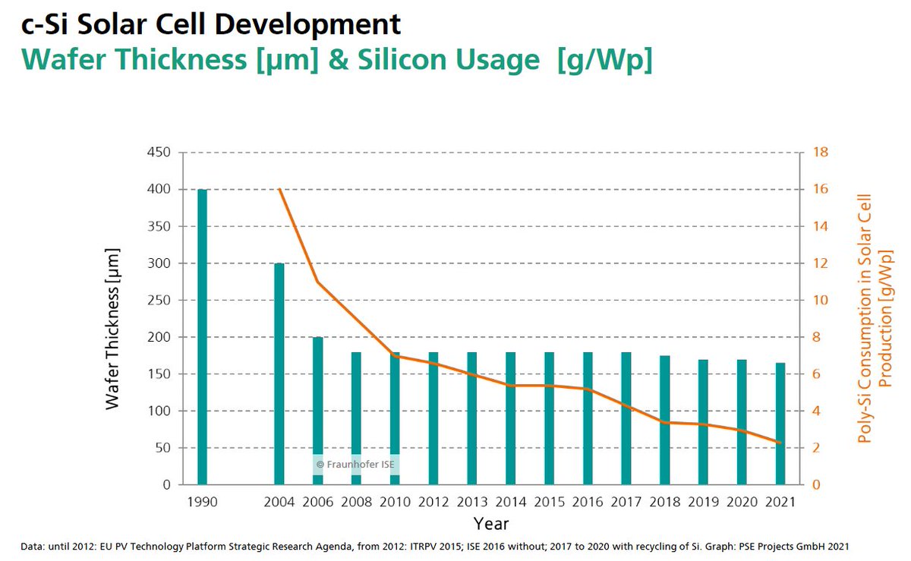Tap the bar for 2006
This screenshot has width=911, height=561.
pyautogui.click(x=317, y=410)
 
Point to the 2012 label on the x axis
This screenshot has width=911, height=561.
pyautogui.click(x=433, y=502)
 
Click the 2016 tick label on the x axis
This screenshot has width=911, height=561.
pyautogui.click(x=588, y=502)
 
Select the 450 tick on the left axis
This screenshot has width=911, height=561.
pyautogui.click(x=159, y=153)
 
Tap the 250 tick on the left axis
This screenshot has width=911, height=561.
pyautogui.click(x=159, y=301)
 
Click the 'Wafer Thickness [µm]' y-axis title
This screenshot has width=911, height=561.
pyautogui.click(x=113, y=328)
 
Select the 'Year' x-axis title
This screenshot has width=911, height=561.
pyautogui.click(x=491, y=524)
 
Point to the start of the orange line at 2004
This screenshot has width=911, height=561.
pyautogui.click(x=279, y=189)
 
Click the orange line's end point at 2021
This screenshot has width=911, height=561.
pyautogui.click(x=780, y=443)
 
